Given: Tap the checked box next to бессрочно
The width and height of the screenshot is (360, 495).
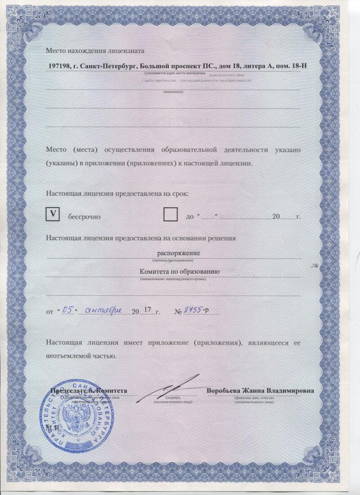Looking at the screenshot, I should tap(54, 215).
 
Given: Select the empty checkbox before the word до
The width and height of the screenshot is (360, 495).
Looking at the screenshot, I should tap(171, 215).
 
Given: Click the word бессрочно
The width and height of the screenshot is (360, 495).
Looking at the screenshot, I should tap(84, 216).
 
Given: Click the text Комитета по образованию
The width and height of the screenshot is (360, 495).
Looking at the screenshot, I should tap(179, 272).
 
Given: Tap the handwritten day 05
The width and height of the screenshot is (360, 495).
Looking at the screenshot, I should tap(67, 309).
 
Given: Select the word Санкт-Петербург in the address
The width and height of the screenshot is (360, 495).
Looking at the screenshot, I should tap(107, 67).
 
